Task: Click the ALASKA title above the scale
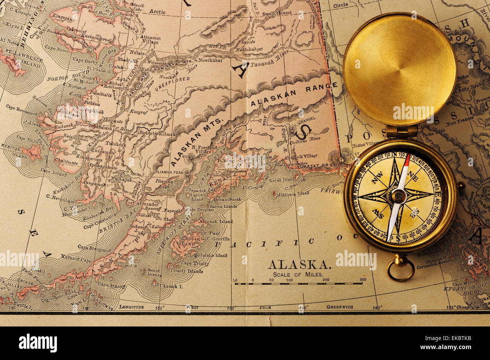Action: (x=300, y=265)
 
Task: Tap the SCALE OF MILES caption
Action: (x=298, y=275)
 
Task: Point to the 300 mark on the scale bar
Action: (x=363, y=280)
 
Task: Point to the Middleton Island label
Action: (x=292, y=194)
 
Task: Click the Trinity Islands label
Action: (x=187, y=270)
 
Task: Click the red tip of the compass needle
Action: (x=407, y=160)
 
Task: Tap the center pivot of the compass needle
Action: (x=398, y=196)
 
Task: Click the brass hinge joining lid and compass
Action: (x=401, y=131)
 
